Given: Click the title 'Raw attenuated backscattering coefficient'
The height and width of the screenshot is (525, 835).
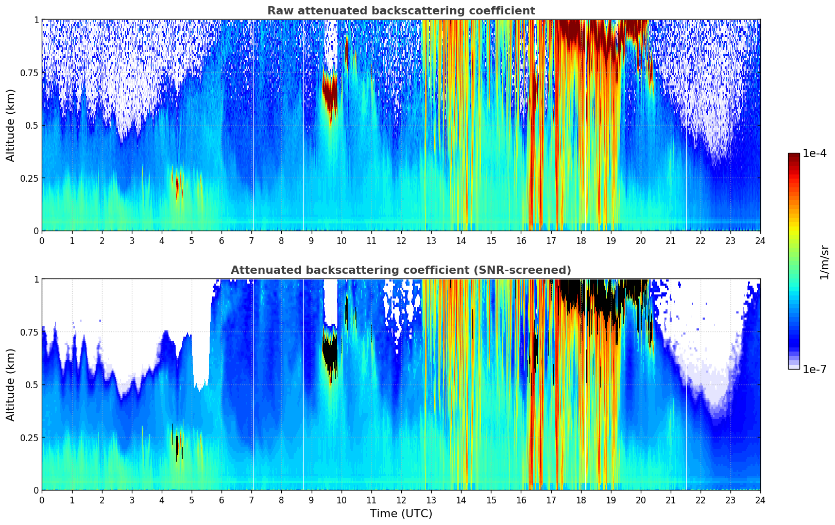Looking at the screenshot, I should tap(401, 11).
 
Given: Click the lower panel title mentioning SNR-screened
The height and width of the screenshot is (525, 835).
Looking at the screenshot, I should tap(401, 270).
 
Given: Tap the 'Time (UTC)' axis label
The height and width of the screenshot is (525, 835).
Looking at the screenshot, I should tap(401, 514).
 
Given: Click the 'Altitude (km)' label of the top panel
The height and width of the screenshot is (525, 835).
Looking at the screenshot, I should tap(11, 125).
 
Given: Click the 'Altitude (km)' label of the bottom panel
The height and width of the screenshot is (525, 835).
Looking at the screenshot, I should tap(11, 384).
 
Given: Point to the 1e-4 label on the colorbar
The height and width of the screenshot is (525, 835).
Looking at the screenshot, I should tap(814, 153).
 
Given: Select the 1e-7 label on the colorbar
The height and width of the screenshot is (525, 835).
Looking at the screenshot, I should tap(814, 369).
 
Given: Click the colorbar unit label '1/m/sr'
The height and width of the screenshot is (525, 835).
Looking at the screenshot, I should tap(824, 262).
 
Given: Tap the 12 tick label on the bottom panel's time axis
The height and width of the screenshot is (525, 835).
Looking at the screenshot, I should tap(401, 500).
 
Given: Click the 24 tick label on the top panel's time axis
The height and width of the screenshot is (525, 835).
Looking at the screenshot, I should tap(760, 241).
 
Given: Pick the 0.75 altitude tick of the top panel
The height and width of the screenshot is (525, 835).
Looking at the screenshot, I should tap(29, 73).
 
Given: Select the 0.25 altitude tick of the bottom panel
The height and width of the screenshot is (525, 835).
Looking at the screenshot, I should tap(29, 437).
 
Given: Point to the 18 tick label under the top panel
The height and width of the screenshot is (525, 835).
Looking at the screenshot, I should tap(581, 241).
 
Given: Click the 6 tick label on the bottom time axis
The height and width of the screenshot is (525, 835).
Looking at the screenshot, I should tap(221, 500).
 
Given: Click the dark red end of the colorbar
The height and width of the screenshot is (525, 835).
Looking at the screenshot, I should tap(793, 156).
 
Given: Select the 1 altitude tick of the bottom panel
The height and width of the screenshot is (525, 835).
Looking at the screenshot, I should tap(36, 279).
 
